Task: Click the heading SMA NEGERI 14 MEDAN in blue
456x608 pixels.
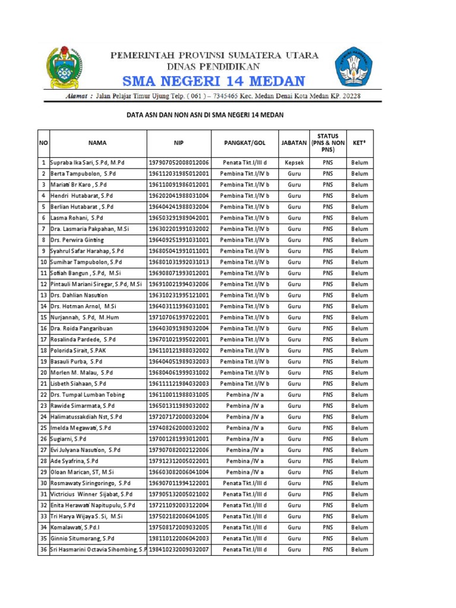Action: (x=214, y=81)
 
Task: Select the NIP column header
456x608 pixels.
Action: (x=179, y=143)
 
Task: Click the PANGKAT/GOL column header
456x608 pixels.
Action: (x=245, y=143)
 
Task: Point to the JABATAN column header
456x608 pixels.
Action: (x=294, y=143)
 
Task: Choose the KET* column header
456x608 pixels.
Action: (x=359, y=143)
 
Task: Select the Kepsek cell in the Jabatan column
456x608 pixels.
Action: (x=294, y=163)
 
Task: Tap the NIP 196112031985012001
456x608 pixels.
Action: (x=179, y=173)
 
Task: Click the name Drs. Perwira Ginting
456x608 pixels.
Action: (x=77, y=240)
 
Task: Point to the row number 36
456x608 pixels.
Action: (x=43, y=550)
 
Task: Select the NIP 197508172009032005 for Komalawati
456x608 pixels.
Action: (x=179, y=527)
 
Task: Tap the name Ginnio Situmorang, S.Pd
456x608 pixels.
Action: (x=83, y=538)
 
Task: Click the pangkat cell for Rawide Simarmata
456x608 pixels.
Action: (x=245, y=406)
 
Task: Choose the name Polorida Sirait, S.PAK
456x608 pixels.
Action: (x=81, y=351)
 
